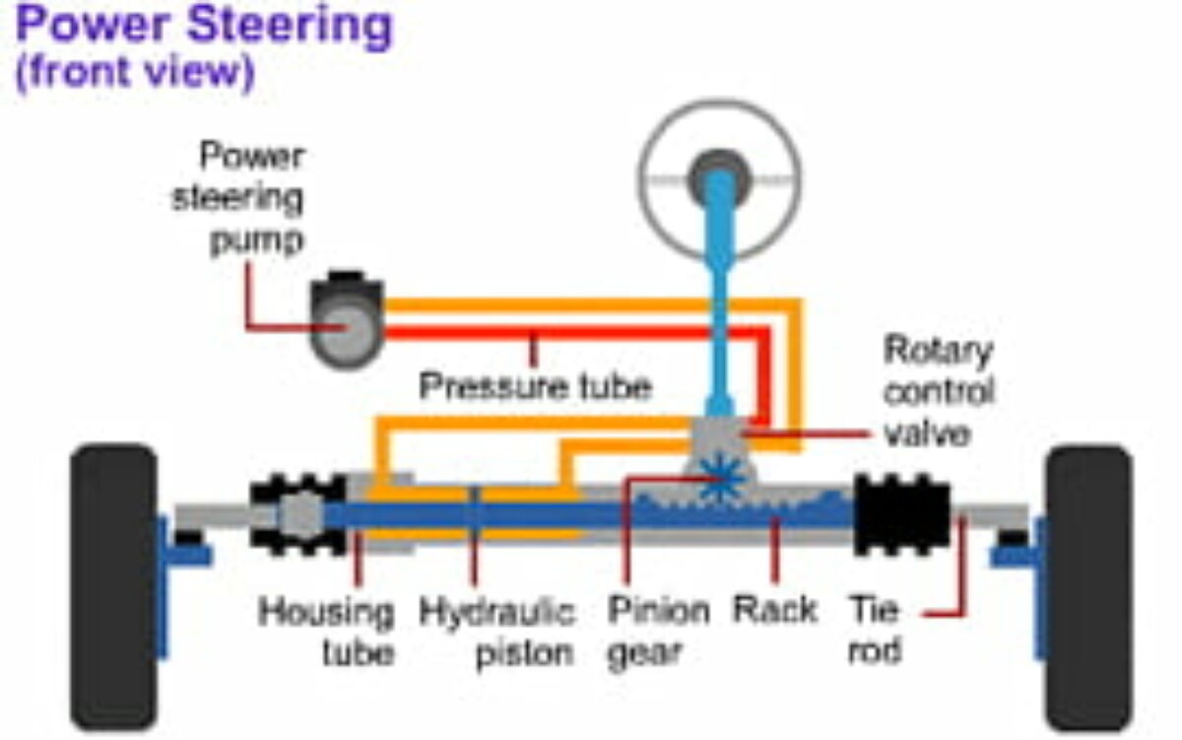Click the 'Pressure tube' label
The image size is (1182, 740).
coord(535,385)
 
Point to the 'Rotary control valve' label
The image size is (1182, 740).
coord(938,390)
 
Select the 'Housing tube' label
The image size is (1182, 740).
coord(326,632)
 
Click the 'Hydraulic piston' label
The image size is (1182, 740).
coord(497,632)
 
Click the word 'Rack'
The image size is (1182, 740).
coord(775,610)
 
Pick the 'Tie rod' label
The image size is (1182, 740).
coord(875,630)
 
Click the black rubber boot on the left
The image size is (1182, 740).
coord(296,513)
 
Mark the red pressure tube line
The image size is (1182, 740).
coord(591,334)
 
